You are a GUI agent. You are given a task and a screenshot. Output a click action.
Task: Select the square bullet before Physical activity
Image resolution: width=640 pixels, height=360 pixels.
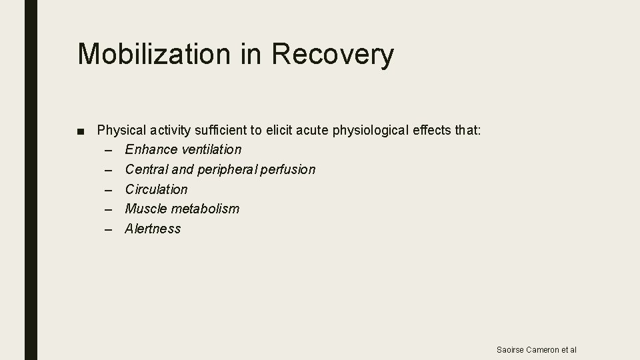point(81,131)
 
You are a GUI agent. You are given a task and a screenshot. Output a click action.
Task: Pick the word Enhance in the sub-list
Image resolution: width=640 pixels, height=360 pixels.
point(151,149)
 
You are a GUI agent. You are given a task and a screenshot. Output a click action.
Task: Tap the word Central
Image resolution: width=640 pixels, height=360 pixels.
point(147,169)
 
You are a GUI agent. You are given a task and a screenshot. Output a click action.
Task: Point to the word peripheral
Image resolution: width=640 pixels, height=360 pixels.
point(226,169)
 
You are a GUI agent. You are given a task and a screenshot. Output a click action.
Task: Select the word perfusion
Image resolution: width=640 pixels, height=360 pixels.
point(288,169)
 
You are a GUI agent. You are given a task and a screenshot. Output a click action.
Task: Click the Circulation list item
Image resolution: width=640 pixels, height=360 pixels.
point(157,189)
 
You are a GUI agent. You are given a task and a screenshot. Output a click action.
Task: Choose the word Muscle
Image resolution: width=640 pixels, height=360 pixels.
point(146,209)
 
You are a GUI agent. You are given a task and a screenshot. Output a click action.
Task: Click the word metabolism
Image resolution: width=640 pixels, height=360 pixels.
point(205,209)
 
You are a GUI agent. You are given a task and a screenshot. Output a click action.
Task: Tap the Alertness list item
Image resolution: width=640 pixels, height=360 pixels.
point(153,229)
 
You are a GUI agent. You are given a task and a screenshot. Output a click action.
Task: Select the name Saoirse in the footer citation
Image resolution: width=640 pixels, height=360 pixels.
point(511,350)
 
